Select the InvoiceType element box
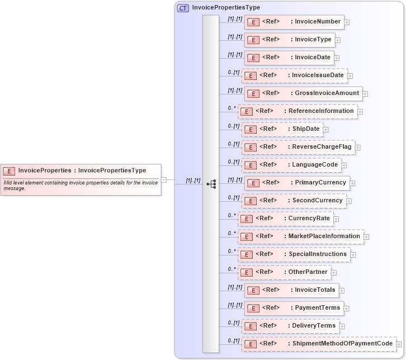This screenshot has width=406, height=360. click(290, 40)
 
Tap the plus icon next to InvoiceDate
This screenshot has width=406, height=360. click(337, 58)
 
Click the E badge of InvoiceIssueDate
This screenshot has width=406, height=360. click(250, 75)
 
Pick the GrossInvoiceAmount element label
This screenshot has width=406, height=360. click(327, 93)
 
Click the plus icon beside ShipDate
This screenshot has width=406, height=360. click(325, 129)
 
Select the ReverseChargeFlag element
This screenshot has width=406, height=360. click(298, 147)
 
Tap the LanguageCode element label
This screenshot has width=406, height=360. click(314, 165)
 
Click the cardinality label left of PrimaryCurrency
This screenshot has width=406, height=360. click(235, 180)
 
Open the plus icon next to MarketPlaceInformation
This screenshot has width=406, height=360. click(366, 236)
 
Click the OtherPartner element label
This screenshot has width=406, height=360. click(308, 272)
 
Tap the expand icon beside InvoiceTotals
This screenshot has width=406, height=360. click(342, 290)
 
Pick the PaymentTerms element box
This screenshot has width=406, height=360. click(293, 308)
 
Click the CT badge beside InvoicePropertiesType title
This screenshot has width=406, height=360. click(183, 8)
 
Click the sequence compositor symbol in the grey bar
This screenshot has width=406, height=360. click(211, 183)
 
